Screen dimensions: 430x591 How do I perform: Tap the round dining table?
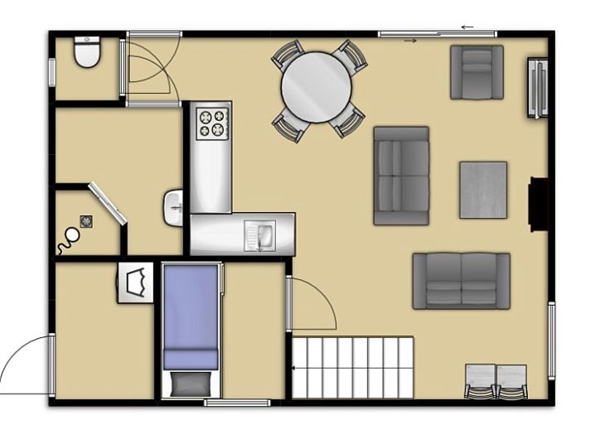[x=316, y=87]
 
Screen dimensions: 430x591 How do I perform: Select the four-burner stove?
[x=211, y=123]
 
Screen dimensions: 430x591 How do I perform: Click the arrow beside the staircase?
[x=297, y=366]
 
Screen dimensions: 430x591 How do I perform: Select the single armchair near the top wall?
[x=477, y=72]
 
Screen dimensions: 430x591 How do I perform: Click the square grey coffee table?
[x=483, y=190]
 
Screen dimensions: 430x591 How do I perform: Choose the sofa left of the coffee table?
[x=401, y=176]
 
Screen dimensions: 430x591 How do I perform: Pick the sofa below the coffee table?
[x=461, y=281]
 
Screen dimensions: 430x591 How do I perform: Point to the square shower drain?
[x=85, y=220]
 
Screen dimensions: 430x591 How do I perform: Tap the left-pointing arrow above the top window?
[x=467, y=27]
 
